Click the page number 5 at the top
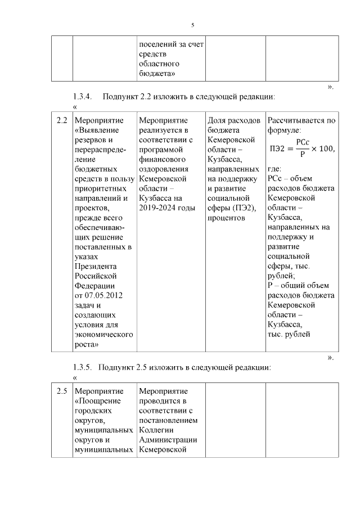(192, 25)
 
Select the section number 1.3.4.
(84, 96)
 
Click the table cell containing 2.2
(62, 120)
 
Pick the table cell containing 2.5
(62, 391)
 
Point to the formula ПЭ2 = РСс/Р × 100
(301, 148)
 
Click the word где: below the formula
(274, 169)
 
